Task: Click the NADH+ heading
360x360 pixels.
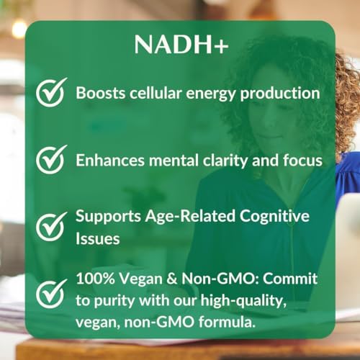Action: pyautogui.click(x=180, y=45)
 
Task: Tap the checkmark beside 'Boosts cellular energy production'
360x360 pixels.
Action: pyautogui.click(x=51, y=94)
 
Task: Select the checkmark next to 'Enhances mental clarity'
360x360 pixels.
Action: pyautogui.click(x=51, y=158)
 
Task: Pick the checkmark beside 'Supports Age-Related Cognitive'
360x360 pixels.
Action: pyautogui.click(x=51, y=225)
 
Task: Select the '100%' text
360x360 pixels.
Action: pyautogui.click(x=96, y=277)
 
